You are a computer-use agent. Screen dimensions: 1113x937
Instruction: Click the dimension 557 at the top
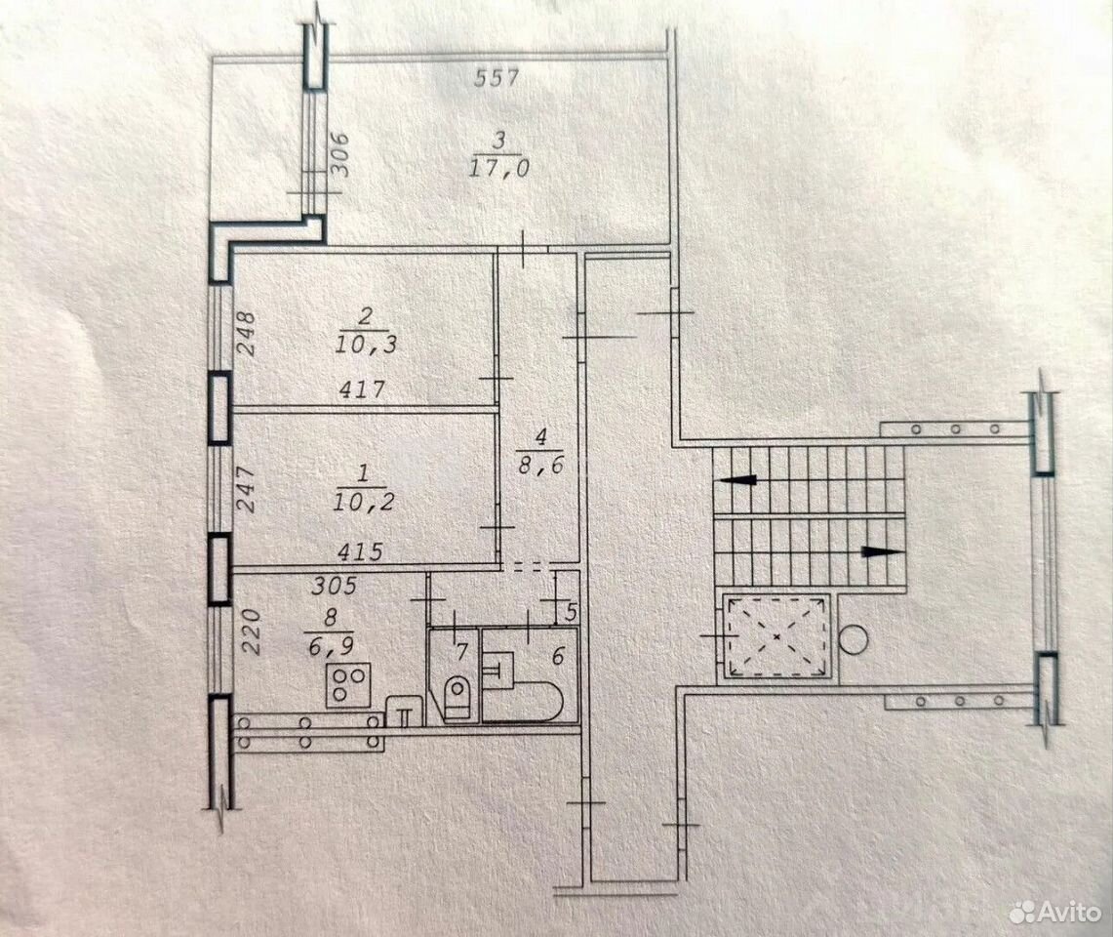pyautogui.click(x=497, y=77)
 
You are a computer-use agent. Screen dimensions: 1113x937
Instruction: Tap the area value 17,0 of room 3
pyautogui.click(x=499, y=168)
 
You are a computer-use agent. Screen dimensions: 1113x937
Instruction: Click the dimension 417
pyautogui.click(x=362, y=389)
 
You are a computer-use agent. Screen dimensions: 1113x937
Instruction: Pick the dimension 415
pyautogui.click(x=361, y=551)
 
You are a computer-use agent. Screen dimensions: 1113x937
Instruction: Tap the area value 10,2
pyautogui.click(x=364, y=503)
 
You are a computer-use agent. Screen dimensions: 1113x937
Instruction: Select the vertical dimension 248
pyautogui.click(x=245, y=334)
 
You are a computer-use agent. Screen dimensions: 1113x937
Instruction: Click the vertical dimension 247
pyautogui.click(x=245, y=488)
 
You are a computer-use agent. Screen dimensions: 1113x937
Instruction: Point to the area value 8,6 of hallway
pyautogui.click(x=541, y=466)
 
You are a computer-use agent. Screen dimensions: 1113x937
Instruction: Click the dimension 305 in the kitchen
pyautogui.click(x=335, y=586)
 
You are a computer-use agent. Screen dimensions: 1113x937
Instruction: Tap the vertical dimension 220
pyautogui.click(x=252, y=631)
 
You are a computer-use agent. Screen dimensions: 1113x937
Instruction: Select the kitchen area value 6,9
pyautogui.click(x=330, y=646)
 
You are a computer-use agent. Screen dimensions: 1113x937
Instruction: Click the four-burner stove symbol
pyautogui.click(x=348, y=685)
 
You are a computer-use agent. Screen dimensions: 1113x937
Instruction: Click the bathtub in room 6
pyautogui.click(x=523, y=698)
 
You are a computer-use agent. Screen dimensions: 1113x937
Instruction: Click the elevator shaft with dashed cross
pyautogui.click(x=776, y=635)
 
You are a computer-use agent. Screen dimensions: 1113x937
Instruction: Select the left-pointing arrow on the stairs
pyautogui.click(x=737, y=480)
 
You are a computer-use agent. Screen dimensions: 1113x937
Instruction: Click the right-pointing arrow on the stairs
pyautogui.click(x=883, y=551)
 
